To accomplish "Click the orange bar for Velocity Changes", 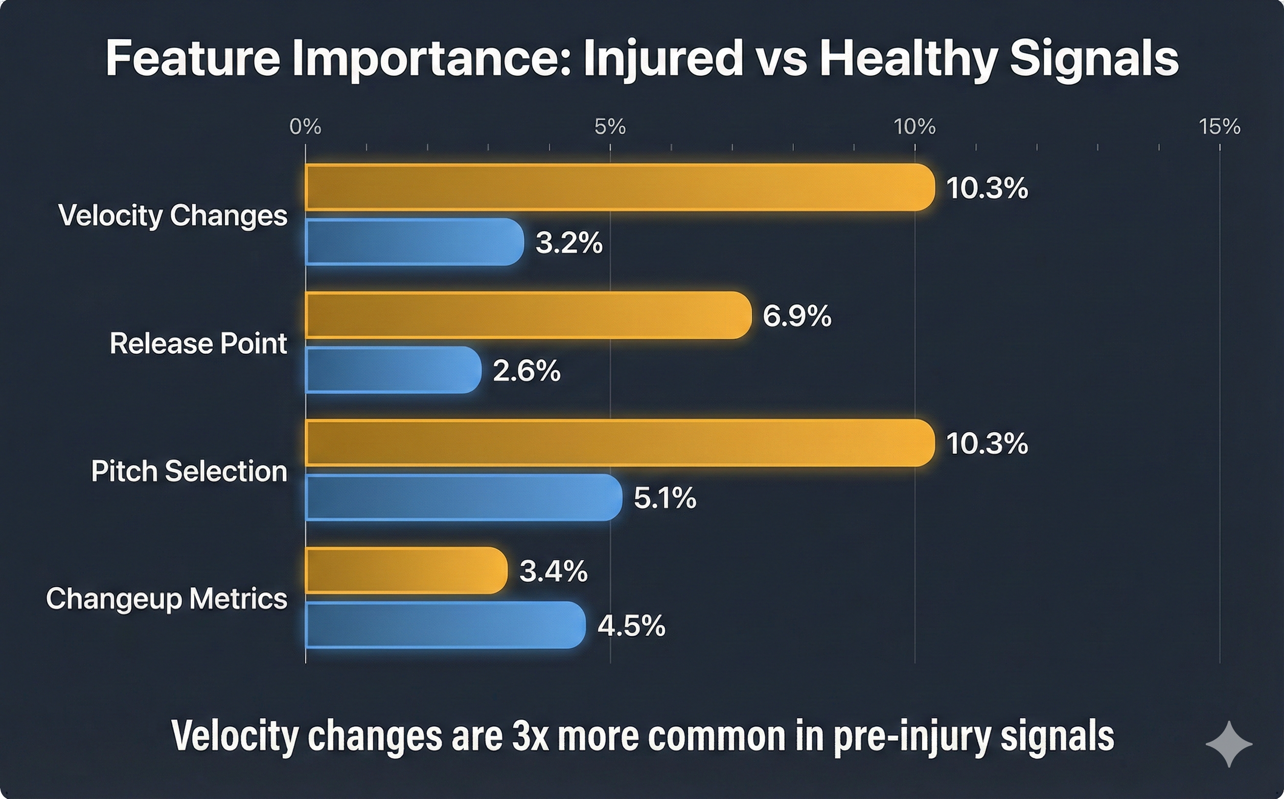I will tap(618, 187).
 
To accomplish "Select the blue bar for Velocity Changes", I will tap(414, 241).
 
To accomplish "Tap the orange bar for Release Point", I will tap(528, 315).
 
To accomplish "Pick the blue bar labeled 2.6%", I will tap(393, 370).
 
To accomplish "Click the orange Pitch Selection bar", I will tap(618, 443).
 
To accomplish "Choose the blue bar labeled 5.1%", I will tap(464, 497).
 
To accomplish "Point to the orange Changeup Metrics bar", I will tap(406, 571).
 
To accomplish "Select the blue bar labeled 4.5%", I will tap(445, 625).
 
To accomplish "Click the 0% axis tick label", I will tap(305, 127).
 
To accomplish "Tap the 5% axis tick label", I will tap(610, 127).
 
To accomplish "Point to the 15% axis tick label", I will tap(1219, 127).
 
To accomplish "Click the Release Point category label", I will tap(198, 344).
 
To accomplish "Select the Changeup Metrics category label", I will tap(166, 599).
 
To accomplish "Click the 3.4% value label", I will tap(553, 571).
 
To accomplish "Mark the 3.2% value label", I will tap(569, 243).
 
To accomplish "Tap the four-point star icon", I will tap(1229, 744).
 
